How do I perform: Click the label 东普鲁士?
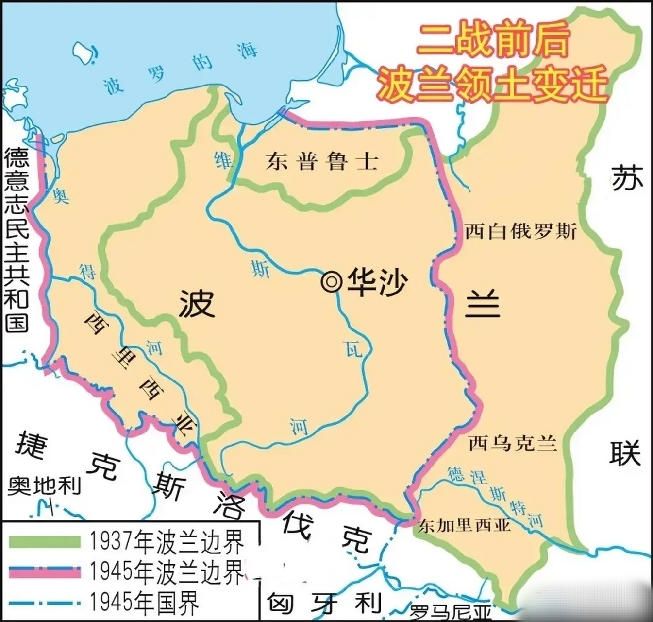[x=322, y=161]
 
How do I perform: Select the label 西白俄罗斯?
[x=520, y=231]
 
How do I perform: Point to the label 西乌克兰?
[x=513, y=443]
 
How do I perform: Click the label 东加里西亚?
[x=465, y=525]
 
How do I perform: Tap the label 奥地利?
[x=44, y=485]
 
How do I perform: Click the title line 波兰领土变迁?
[x=492, y=84]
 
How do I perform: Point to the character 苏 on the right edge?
[x=627, y=178]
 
